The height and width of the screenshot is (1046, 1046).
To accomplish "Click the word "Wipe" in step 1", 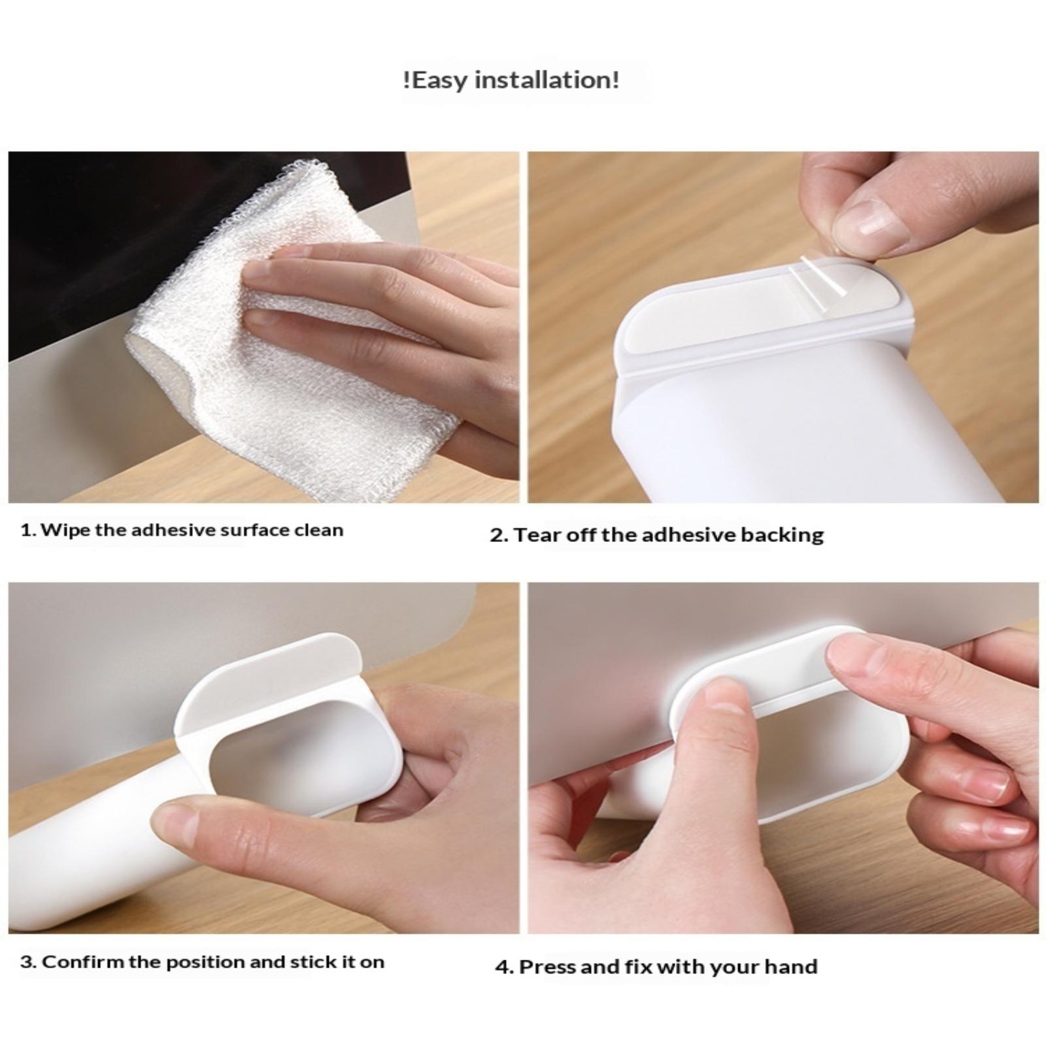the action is (x=65, y=530).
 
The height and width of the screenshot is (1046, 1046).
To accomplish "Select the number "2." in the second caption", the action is (x=499, y=535).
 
